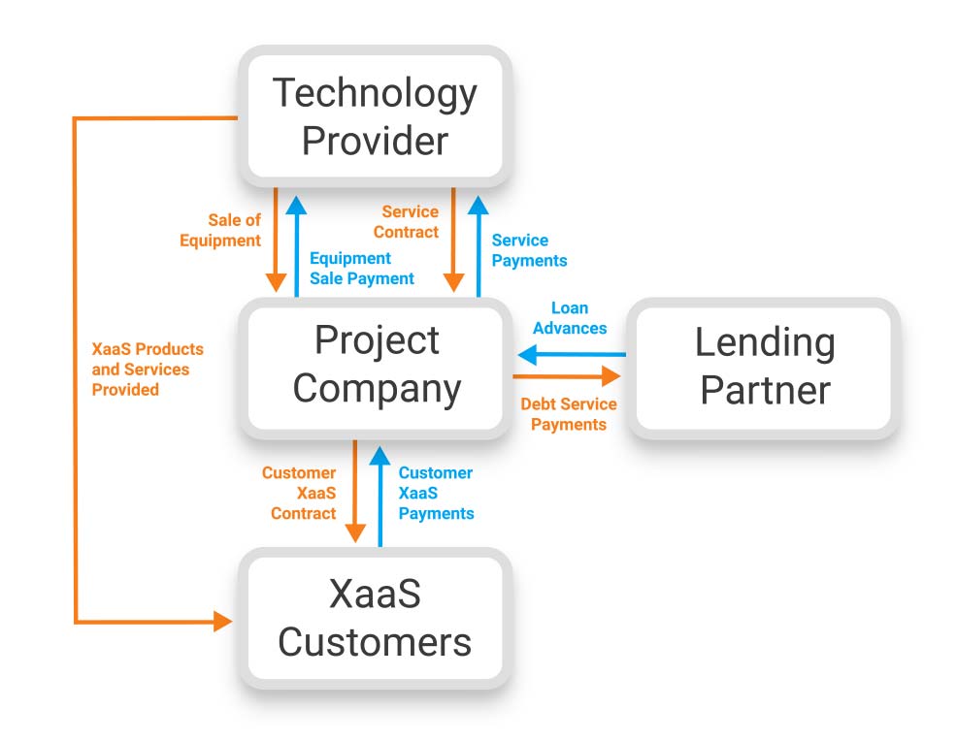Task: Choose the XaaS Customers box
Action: [x=375, y=618]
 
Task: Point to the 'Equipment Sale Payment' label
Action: [x=361, y=269]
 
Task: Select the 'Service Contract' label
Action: [x=407, y=222]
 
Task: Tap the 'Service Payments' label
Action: [x=529, y=250]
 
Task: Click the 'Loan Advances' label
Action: [x=570, y=318]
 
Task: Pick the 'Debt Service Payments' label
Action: [x=568, y=414]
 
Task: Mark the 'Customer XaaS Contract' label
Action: [x=299, y=493]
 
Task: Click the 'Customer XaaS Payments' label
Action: [x=436, y=493]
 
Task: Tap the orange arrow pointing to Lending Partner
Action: [x=567, y=375]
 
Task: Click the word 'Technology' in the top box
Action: [x=375, y=93]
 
